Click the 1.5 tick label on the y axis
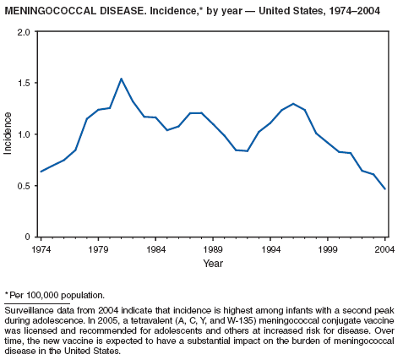[23, 83]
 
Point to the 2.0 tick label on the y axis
[23, 32]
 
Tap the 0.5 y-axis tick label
[23, 186]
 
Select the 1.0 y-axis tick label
[23, 134]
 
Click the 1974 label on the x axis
[41, 249]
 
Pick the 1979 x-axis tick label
[98, 249]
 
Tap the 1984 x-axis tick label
[155, 249]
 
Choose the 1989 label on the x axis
[213, 249]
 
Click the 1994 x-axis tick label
[270, 249]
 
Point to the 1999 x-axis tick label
[328, 249]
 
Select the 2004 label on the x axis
[384, 249]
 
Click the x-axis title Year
[213, 264]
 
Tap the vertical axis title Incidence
[8, 134]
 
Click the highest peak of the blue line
[121, 79]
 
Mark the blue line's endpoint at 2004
[385, 189]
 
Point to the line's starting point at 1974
[41, 172]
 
